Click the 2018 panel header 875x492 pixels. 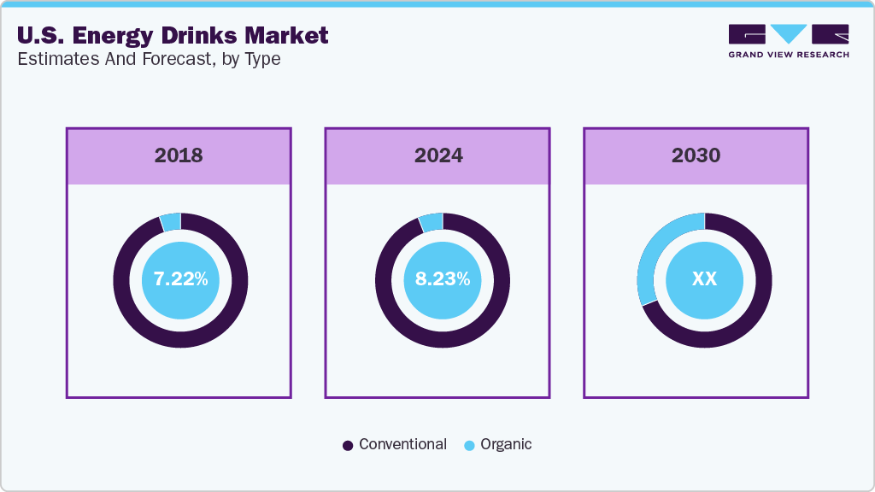coord(179,155)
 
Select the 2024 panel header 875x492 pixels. coord(438,155)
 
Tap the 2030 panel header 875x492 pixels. coord(696,155)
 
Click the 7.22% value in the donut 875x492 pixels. coord(180,279)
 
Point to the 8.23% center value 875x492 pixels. coord(442,279)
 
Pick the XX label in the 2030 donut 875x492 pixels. coord(704,279)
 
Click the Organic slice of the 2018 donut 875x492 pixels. coord(171,221)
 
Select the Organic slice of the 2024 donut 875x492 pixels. coord(432,222)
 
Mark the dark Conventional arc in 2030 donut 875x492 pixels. coord(752,316)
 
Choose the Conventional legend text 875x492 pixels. coord(402,444)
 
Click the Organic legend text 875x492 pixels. coord(506,444)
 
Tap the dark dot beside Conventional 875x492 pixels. coord(348,445)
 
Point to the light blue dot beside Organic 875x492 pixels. coord(469,445)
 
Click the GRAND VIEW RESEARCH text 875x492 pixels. coord(789,55)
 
